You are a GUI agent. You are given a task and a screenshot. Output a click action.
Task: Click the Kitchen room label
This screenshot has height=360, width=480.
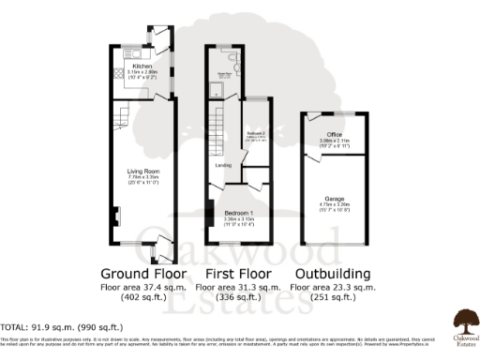click(142, 66)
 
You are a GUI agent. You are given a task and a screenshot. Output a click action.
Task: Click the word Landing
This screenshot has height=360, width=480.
click(223, 167)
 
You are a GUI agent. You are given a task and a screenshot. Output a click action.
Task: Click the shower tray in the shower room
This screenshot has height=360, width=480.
click(216, 93)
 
